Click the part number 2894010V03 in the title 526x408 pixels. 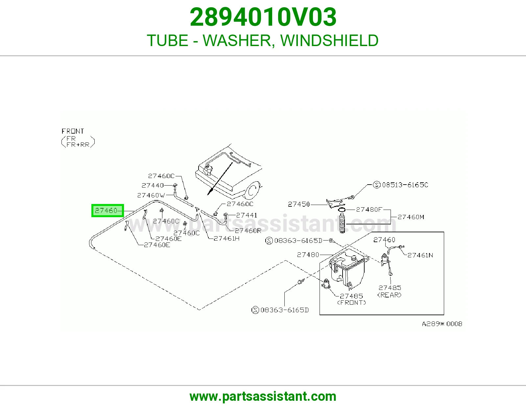point(263,17)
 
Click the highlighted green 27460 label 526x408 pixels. point(108,210)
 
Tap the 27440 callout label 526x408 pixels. point(153,185)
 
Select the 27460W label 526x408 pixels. point(151,195)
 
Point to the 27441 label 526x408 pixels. point(247,215)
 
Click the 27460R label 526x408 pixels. point(248,231)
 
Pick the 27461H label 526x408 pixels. point(226,239)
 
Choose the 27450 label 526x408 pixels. point(299,204)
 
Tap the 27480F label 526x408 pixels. point(369,209)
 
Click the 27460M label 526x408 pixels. point(411,217)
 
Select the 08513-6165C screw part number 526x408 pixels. point(405,185)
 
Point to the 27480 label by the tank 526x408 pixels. point(308,255)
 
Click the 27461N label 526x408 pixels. point(420,255)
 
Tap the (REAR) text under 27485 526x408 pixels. point(389,295)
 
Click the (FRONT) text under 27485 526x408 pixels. point(351,302)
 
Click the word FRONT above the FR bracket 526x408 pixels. point(73,131)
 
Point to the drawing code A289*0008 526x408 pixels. point(442,324)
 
